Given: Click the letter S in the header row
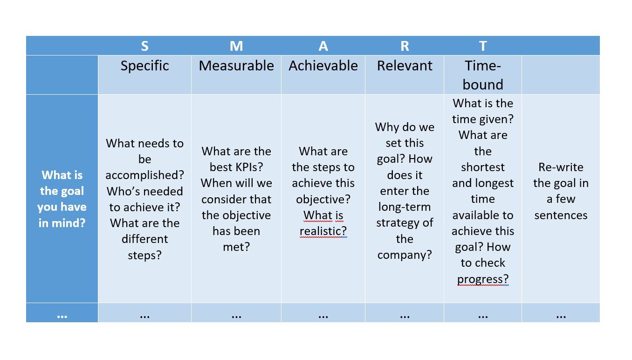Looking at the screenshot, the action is [x=145, y=46].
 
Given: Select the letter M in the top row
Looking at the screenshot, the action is [x=236, y=46].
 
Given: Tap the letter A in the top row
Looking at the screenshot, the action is [x=323, y=46].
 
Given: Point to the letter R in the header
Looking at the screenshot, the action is [x=405, y=46].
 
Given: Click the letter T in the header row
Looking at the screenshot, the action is [x=483, y=46].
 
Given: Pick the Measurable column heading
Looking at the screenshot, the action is [x=236, y=66].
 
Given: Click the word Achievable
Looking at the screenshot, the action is [x=323, y=66].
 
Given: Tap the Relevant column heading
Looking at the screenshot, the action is [x=405, y=66].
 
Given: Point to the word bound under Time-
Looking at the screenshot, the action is [x=483, y=84].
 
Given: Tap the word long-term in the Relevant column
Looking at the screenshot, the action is [x=405, y=208].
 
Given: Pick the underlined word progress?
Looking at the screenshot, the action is [x=483, y=279].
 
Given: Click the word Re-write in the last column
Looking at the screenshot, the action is [x=561, y=167].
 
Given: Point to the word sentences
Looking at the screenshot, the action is [x=561, y=215].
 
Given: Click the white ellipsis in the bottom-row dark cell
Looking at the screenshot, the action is [x=62, y=317].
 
